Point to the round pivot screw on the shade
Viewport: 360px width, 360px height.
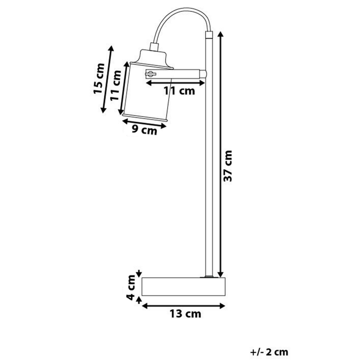[151, 74]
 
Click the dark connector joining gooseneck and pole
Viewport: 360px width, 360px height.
[208, 35]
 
